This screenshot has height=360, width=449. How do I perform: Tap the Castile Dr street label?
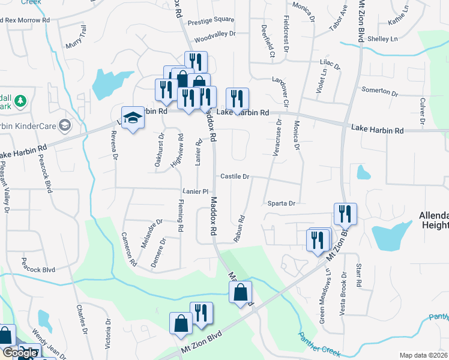235,177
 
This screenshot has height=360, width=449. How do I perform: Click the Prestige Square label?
211,20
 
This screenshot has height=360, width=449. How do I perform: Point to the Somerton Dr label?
379,91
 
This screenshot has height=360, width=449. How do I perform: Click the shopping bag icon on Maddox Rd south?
240,293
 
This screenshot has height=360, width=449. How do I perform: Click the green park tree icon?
20,100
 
